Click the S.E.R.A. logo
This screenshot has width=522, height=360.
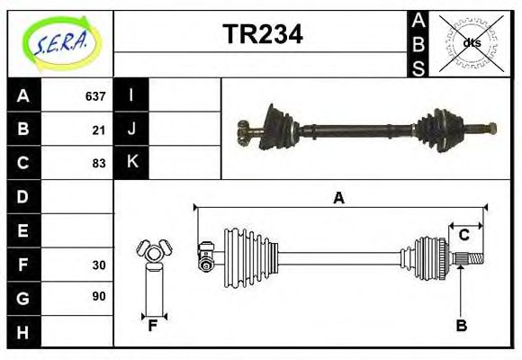pos(59,40)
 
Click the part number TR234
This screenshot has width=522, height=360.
pos(262,34)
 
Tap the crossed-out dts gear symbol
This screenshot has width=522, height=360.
pos(472,42)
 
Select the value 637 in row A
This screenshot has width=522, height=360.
pos(94,96)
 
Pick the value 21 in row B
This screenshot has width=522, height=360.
pos(98,130)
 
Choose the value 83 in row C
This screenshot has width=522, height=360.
pos(98,164)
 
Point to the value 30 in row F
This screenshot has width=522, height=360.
pos(98,265)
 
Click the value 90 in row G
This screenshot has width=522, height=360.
pos(98,296)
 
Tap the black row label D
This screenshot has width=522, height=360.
pos(23,196)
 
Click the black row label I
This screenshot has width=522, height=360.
pos(131,95)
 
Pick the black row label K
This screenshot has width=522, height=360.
pos(131,163)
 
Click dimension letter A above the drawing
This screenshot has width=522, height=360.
pos(338,198)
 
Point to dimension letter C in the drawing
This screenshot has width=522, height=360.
pos(464,236)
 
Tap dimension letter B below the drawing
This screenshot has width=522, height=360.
pos(461,326)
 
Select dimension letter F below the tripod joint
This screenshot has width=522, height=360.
pos(152,326)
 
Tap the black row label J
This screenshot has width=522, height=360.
pos(131,129)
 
